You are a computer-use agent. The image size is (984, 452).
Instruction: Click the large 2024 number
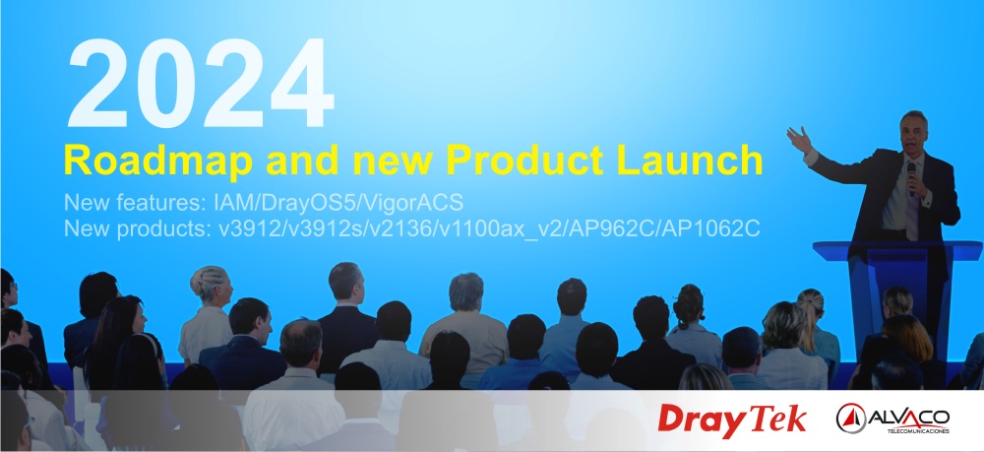tap(200, 83)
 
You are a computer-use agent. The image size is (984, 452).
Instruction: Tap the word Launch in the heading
tap(690, 160)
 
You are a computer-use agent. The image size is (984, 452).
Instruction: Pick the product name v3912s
tap(320, 229)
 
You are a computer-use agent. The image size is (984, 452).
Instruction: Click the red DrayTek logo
tap(732, 420)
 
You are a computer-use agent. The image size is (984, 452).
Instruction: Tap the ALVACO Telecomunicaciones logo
tap(892, 419)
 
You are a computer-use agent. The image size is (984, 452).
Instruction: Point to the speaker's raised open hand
tap(799, 140)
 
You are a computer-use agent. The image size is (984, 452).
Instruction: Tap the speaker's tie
tap(910, 204)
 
